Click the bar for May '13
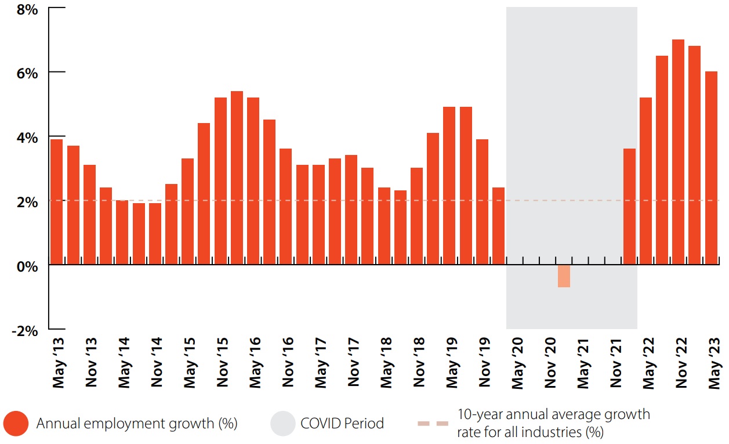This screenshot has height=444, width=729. coord(56,202)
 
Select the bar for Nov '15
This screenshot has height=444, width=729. coord(220,181)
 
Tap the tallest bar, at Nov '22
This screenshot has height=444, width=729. coord(678,152)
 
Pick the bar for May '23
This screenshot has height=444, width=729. coord(711,168)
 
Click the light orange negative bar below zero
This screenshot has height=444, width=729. coord(564,276)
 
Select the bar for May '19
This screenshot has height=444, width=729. coord(449,186)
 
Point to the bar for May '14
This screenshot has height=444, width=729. coord(122,232)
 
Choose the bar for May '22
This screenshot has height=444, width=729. coord(645,181)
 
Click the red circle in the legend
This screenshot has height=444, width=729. coord(16,424)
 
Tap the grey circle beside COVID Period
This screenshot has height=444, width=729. coord(282,424)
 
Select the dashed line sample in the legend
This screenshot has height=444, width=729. coord(433,424)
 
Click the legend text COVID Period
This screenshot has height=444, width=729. coord(342,424)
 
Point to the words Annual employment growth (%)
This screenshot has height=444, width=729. coord(137,424)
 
